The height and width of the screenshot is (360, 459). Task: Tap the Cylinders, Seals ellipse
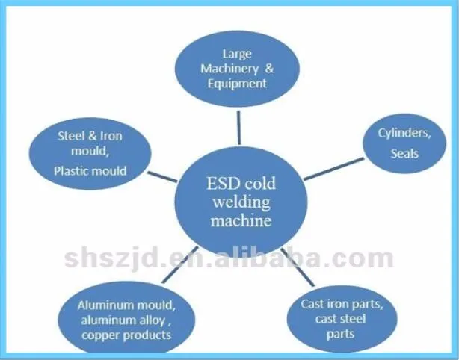404,143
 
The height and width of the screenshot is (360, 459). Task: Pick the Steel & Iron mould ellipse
90,154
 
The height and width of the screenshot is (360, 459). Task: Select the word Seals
404,154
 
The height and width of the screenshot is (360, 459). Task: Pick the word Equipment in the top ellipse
237,83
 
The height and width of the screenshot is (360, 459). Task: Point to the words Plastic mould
90,170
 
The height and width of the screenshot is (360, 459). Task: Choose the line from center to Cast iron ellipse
297,265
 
